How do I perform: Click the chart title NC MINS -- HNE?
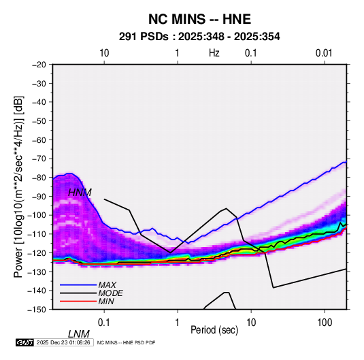pyautogui.click(x=199, y=19)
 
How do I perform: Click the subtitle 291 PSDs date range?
pyautogui.click(x=199, y=37)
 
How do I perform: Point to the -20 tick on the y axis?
pyautogui.click(x=39, y=65)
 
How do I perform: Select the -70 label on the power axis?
pyautogui.click(x=39, y=159)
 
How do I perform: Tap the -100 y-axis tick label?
pyautogui.click(x=37, y=215)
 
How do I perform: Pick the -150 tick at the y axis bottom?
pyautogui.click(x=37, y=310)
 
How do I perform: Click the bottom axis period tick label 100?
pyautogui.click(x=325, y=323)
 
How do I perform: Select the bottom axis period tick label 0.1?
pyautogui.click(x=104, y=323)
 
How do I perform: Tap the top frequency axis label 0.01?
pyautogui.click(x=324, y=53)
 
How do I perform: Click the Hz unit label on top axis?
pyautogui.click(x=214, y=53)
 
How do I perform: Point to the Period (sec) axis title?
pyautogui.click(x=214, y=330)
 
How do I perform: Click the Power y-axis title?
pyautogui.click(x=18, y=187)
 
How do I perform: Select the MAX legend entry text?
pyautogui.click(x=107, y=284)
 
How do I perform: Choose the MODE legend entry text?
pyautogui.click(x=110, y=293)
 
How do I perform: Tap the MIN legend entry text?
pyautogui.click(x=106, y=301)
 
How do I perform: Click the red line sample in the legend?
pyautogui.click(x=78, y=301)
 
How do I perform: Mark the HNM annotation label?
pyautogui.click(x=80, y=193)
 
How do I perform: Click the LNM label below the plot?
pyautogui.click(x=79, y=334)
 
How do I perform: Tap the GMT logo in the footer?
pyautogui.click(x=25, y=342)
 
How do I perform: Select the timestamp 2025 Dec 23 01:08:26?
pyautogui.click(x=63, y=342)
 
